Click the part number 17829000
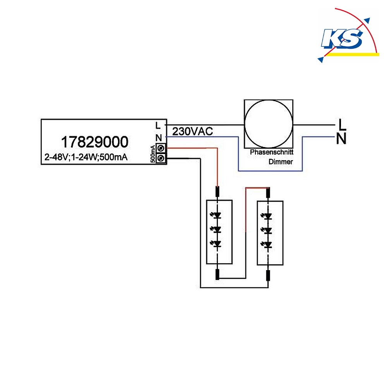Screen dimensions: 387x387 coord(94,142)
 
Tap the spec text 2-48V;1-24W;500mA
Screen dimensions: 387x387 coord(86,157)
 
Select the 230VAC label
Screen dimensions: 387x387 coord(192,132)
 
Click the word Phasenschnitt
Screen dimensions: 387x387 coord(272,152)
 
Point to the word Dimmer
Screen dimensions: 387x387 coord(281,162)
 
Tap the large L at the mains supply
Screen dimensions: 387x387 coord(342,125)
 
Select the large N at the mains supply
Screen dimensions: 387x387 coord(341,139)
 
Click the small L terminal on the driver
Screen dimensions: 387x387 coord(158,126)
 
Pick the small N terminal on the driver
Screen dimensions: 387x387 coord(158,137)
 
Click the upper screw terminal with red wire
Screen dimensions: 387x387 coord(161,148)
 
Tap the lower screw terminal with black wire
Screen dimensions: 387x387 coord(161,158)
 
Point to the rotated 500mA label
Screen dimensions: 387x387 coord(153,154)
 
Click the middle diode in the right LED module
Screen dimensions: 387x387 coord(267,231)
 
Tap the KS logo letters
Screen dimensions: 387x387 coord(342,38)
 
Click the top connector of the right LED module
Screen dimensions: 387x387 coord(268,192)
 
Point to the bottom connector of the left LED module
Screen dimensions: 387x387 coord(217,274)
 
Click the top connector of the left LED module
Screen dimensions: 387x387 coord(217,192)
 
